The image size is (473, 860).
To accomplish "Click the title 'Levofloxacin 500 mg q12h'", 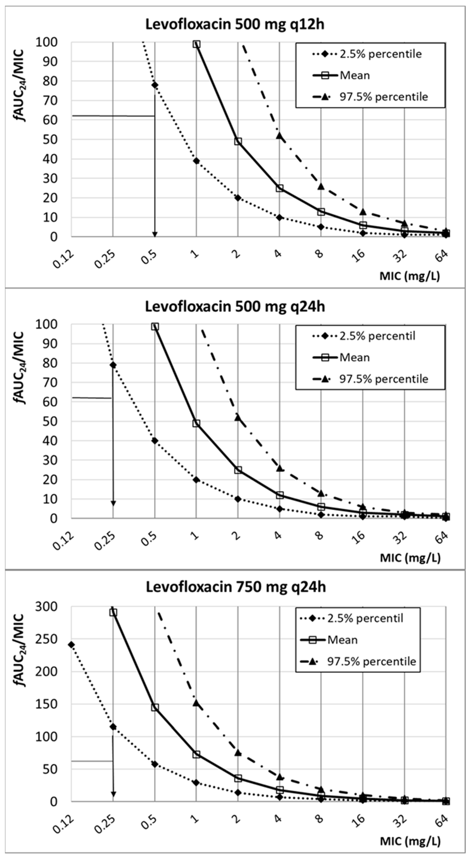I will click(x=235, y=25).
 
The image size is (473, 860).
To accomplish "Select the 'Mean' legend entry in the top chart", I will click(x=354, y=75).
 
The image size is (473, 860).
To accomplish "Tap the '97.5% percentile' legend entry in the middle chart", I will click(x=383, y=379).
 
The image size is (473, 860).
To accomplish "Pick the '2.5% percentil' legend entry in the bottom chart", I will click(x=365, y=618).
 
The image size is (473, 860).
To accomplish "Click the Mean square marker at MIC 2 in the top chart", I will click(x=238, y=141).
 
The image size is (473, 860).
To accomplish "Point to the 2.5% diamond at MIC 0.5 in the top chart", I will click(x=155, y=85).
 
